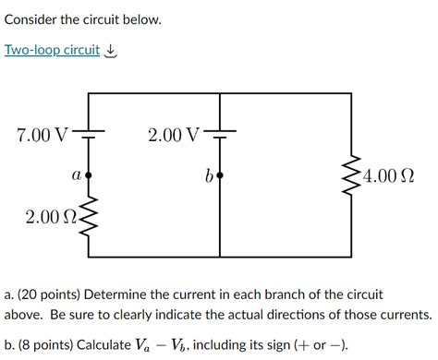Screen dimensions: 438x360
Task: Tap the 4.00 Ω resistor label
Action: tap(388, 174)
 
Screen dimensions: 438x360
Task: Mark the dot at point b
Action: tap(220, 174)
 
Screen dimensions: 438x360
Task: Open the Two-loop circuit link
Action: tap(52, 50)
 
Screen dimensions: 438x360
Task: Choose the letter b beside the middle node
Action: tap(210, 174)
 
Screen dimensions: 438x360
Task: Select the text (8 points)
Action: tap(46, 345)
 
